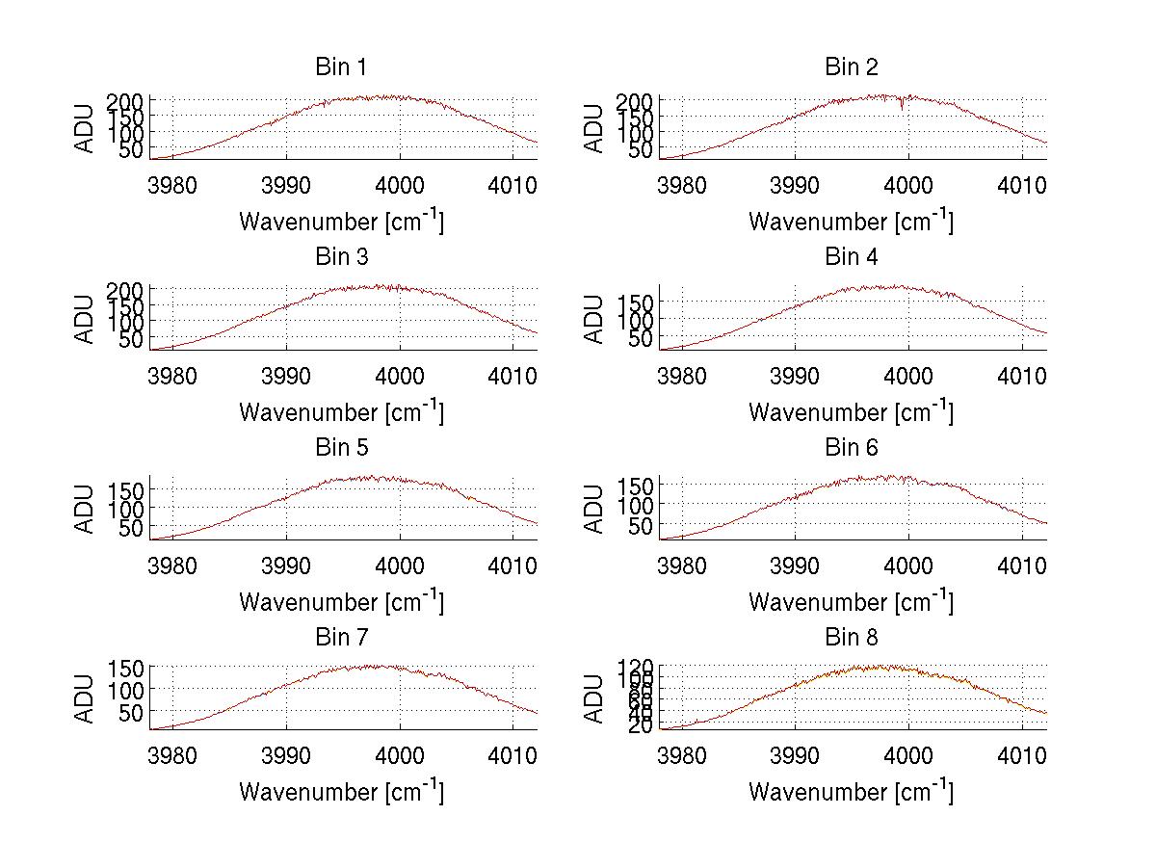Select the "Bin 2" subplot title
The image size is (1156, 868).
click(851, 67)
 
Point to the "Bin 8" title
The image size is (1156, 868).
click(851, 638)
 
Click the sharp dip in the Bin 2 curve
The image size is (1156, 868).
click(902, 106)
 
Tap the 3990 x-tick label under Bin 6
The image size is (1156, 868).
click(795, 564)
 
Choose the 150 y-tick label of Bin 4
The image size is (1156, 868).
click(641, 302)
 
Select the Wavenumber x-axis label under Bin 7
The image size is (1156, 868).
click(341, 791)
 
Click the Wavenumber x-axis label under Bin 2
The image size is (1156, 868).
click(851, 221)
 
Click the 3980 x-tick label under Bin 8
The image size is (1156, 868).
click(682, 753)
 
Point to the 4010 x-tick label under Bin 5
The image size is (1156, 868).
click(512, 564)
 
